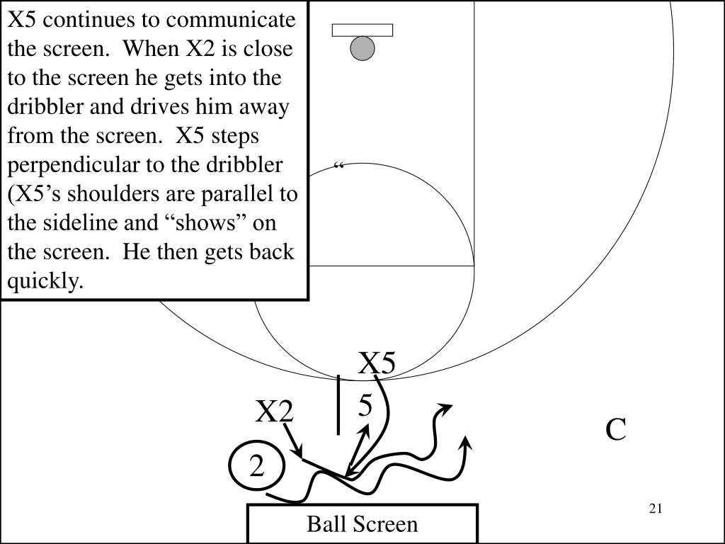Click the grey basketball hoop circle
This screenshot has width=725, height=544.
(362, 48)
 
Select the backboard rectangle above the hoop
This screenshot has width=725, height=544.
(362, 30)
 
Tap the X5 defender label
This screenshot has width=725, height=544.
(377, 363)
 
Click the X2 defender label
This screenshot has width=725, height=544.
(275, 412)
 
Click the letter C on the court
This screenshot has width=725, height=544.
(616, 430)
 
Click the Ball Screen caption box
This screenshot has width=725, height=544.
(362, 524)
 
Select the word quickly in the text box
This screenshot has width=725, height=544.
(45, 281)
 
